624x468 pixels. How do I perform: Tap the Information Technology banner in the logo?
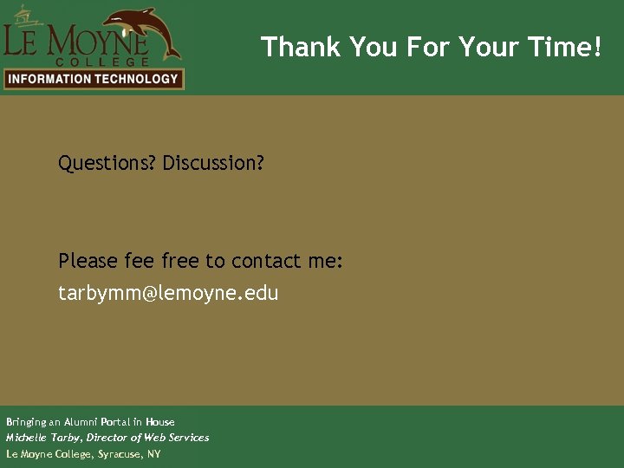coord(93,79)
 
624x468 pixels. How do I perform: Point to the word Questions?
coord(107,163)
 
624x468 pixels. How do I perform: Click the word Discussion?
coord(213,163)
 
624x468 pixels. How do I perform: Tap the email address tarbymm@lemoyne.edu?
coord(168,293)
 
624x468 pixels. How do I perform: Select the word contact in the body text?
coord(266,261)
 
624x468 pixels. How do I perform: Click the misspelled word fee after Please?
coord(139,261)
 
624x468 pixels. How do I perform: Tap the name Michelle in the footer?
coord(24,438)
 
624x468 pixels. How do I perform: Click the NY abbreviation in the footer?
coord(153,454)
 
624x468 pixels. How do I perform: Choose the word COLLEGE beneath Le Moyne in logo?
coord(102,62)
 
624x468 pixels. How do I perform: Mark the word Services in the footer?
coord(189,438)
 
